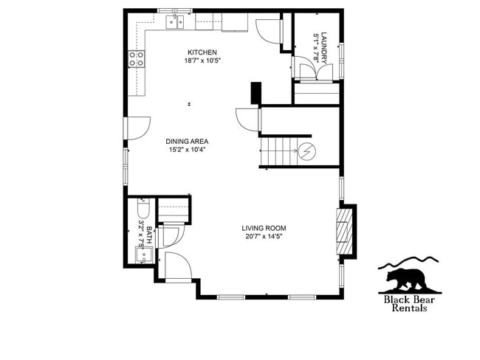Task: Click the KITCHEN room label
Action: tap(202, 52)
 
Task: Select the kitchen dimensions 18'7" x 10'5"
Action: tap(202, 60)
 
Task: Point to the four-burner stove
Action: tap(137, 59)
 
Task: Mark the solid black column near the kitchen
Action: tap(256, 94)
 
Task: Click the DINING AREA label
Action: tap(186, 141)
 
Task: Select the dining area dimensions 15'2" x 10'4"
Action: tap(186, 150)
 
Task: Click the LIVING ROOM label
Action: tap(264, 228)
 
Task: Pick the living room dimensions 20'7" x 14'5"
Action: tap(264, 237)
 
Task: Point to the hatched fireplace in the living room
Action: tap(343, 230)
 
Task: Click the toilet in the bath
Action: tap(143, 209)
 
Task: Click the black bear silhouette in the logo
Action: tap(405, 280)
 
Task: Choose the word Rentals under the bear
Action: tap(408, 308)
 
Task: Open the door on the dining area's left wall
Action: tap(138, 128)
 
